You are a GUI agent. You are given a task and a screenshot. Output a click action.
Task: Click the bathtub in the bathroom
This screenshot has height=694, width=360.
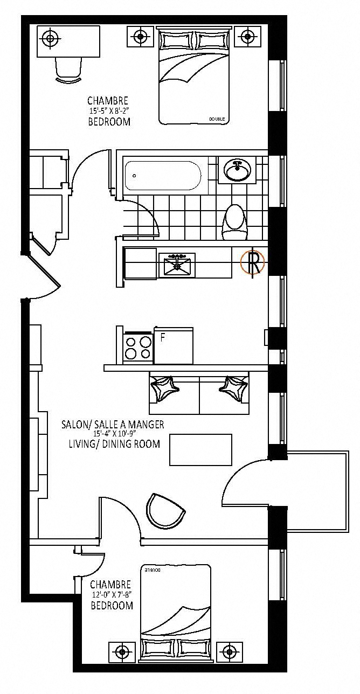click(x=163, y=176)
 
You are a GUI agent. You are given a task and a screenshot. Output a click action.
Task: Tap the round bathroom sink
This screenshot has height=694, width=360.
click(x=237, y=170)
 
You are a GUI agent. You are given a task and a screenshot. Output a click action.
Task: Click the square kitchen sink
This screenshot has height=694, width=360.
click(x=177, y=265)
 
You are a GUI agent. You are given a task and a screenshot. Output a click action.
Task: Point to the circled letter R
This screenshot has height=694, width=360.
click(x=253, y=262)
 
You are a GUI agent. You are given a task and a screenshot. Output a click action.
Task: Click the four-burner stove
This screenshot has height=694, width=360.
click(x=138, y=348)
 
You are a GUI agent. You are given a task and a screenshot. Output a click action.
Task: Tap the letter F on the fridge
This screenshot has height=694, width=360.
click(x=162, y=338)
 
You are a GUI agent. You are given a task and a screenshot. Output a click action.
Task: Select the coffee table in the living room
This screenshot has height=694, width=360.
click(x=200, y=450)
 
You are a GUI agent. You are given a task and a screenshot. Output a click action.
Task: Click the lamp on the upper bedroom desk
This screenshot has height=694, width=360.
click(x=50, y=39)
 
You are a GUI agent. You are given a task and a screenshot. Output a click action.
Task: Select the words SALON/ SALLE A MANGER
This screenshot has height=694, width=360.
click(x=113, y=424)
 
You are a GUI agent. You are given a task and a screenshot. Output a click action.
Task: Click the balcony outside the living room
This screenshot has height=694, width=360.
click(x=317, y=491)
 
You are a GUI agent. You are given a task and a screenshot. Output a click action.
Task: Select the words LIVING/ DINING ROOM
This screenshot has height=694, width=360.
click(x=114, y=443)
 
